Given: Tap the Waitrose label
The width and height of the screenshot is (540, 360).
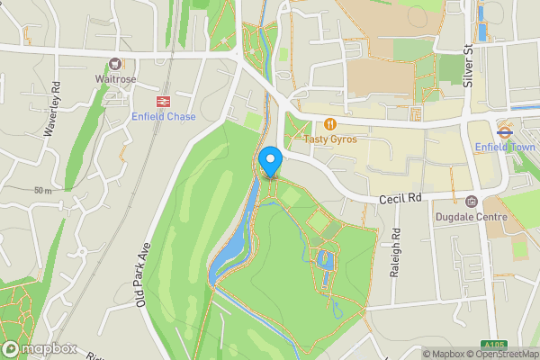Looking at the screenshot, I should (x=115, y=78).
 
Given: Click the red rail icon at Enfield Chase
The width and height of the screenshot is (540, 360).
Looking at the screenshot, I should (x=164, y=102).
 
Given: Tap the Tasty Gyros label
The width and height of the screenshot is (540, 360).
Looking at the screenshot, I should (x=330, y=138).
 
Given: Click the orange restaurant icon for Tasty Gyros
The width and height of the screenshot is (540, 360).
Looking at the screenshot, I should (x=330, y=123).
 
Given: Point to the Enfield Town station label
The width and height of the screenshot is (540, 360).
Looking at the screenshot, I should (x=504, y=146).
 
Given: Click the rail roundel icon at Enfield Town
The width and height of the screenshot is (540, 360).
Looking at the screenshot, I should (x=504, y=130).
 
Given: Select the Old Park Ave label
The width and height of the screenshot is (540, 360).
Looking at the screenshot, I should (x=141, y=274).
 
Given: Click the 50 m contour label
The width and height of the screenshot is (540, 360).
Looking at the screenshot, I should (x=43, y=191).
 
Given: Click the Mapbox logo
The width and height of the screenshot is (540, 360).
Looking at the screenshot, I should (x=38, y=347).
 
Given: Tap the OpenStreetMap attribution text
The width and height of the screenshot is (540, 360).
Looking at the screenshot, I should (x=507, y=354).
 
